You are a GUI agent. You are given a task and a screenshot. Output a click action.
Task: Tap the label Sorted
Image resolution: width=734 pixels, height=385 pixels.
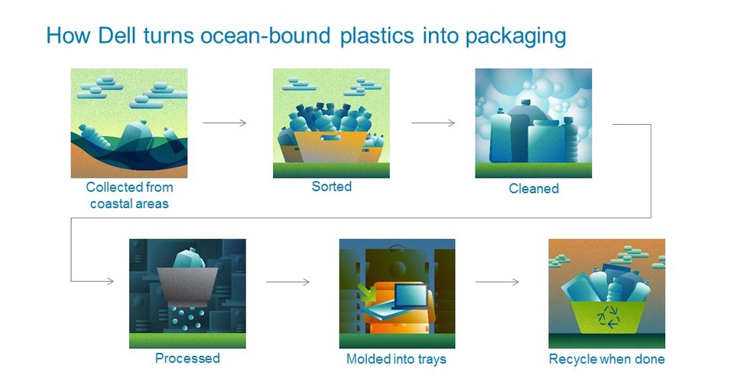pyautogui.click(x=331, y=187)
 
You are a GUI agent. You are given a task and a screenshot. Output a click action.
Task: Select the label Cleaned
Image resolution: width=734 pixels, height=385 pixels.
pyautogui.click(x=534, y=188)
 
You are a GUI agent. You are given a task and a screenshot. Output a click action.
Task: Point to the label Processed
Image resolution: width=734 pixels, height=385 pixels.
pyautogui.click(x=187, y=358)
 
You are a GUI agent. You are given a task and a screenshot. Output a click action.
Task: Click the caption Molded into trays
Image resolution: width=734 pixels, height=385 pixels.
pyautogui.click(x=396, y=359)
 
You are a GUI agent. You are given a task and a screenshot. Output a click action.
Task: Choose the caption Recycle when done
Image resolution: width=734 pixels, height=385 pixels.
pyautogui.click(x=606, y=359)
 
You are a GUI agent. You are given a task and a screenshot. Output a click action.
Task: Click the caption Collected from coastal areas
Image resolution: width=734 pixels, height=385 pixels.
pyautogui.click(x=129, y=195)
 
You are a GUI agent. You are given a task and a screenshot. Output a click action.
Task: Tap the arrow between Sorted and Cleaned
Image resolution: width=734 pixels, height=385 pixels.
pyautogui.click(x=433, y=123)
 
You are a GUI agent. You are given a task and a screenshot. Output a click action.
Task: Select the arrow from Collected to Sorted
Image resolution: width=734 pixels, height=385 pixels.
pyautogui.click(x=224, y=123)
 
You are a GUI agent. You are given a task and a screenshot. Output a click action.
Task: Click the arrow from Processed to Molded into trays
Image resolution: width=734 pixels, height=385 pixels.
pyautogui.click(x=288, y=282)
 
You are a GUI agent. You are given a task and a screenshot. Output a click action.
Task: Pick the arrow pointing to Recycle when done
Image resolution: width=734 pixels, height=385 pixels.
pyautogui.click(x=497, y=282)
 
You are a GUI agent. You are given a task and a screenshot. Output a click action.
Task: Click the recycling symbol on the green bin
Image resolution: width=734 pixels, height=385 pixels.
pyautogui.click(x=608, y=317)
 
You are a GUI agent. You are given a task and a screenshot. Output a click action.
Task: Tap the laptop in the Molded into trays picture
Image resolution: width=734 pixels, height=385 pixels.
pyautogui.click(x=411, y=295)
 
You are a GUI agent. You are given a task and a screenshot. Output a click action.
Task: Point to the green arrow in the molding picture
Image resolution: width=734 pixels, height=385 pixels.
pyautogui.click(x=365, y=292)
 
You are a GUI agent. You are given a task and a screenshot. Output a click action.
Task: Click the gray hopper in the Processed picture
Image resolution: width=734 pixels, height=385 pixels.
pyautogui.click(x=187, y=285)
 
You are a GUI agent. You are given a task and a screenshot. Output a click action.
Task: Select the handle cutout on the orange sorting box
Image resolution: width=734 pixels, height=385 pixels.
pyautogui.click(x=331, y=139)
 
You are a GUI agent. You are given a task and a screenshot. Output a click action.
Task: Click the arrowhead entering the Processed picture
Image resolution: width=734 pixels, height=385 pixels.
pyautogui.click(x=110, y=281)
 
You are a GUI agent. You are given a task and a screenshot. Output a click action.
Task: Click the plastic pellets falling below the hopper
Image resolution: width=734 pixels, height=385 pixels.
pyautogui.click(x=187, y=318)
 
